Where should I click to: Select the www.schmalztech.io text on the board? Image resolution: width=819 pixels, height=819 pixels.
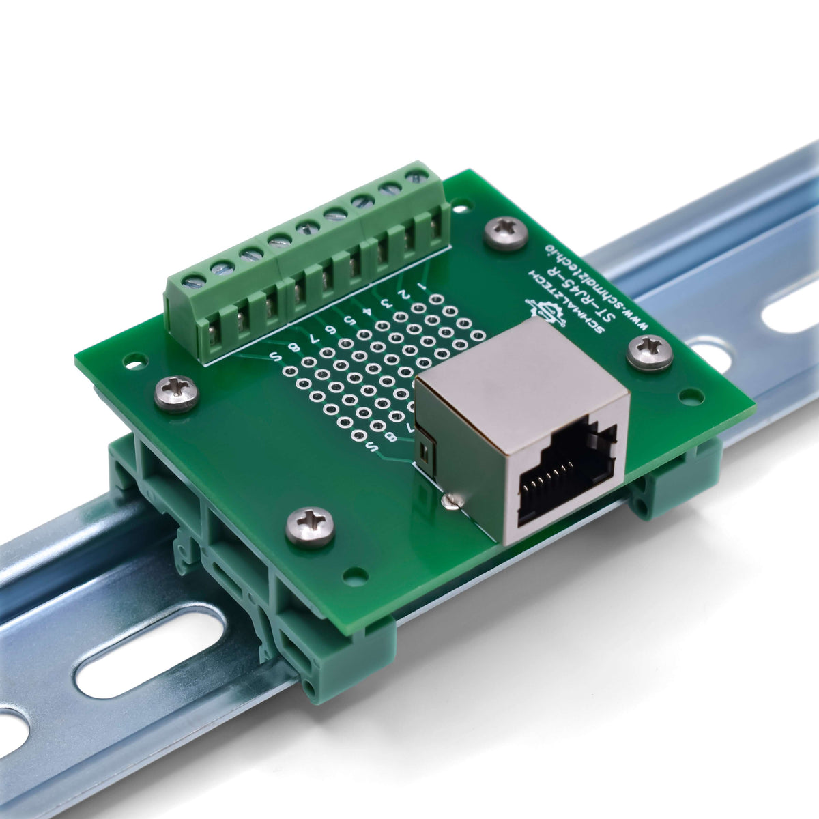pos(601,283)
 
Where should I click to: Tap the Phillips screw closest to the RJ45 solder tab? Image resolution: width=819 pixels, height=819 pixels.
pos(310,526)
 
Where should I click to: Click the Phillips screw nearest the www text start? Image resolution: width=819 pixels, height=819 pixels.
pos(649,353)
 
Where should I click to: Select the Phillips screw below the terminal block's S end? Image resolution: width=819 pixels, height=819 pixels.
pos(176,394)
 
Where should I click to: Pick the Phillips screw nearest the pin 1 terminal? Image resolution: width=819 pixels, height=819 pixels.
pos(506,233)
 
